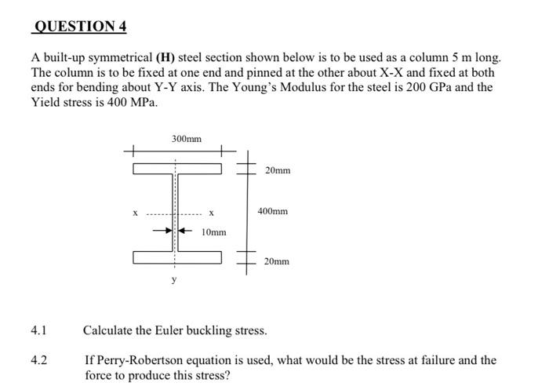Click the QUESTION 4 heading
(x=78, y=27)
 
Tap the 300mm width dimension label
(x=186, y=139)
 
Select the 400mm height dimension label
(x=272, y=211)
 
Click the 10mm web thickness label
(x=213, y=231)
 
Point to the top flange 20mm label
(x=277, y=169)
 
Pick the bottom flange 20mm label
(x=276, y=261)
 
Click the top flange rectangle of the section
(x=177, y=168)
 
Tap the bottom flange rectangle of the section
(x=177, y=257)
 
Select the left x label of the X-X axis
(x=136, y=213)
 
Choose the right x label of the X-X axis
(x=211, y=213)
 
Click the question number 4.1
(x=39, y=330)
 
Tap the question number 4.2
(x=39, y=360)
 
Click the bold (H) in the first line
(x=165, y=58)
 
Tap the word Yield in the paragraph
(x=46, y=102)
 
